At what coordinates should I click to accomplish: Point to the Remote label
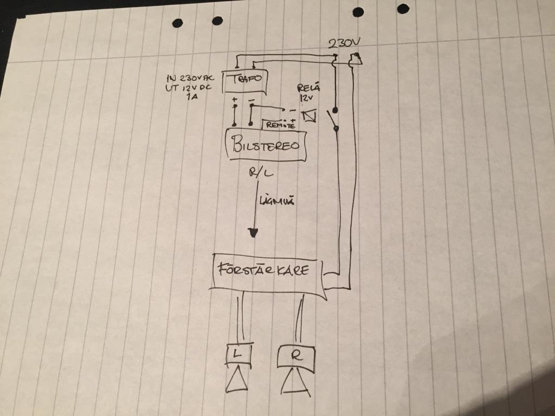click(x=279, y=125)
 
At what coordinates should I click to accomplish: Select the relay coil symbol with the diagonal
click(x=309, y=116)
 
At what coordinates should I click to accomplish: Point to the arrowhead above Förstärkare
click(x=253, y=233)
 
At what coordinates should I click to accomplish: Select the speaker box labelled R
click(x=295, y=357)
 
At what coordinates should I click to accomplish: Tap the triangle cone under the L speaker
click(x=236, y=379)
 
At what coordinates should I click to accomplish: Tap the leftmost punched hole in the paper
click(x=178, y=23)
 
